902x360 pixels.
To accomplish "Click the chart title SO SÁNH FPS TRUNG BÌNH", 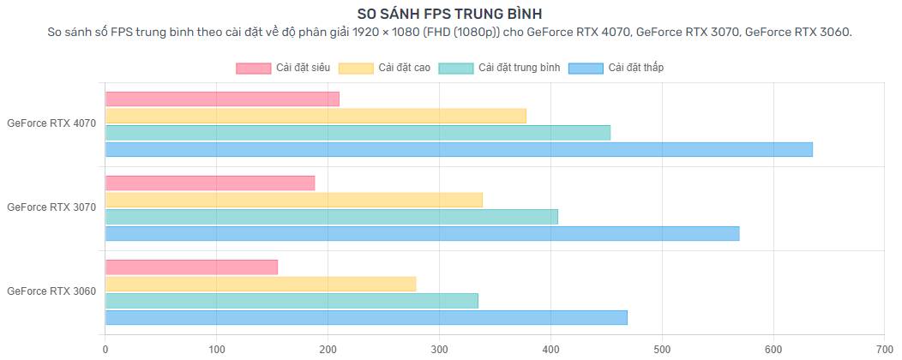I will click(450, 14).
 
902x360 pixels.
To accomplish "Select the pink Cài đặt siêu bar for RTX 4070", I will click(222, 99).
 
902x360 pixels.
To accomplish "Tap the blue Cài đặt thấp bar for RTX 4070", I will click(459, 149).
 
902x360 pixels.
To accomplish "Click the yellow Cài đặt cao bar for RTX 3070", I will click(294, 200).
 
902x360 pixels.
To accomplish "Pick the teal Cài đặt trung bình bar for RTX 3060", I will click(292, 301).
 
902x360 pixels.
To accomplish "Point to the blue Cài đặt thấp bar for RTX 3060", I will click(366, 317).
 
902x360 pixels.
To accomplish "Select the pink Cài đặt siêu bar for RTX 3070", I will click(210, 183).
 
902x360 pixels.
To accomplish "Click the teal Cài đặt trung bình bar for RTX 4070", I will click(358, 133).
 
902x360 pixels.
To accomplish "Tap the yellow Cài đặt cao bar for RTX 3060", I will click(261, 284).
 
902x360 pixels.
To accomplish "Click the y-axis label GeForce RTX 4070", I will click(51, 123).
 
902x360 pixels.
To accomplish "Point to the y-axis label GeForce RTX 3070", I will click(51, 207).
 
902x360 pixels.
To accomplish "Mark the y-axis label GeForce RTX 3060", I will click(51, 291).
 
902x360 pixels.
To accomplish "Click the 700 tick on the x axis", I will click(884, 349).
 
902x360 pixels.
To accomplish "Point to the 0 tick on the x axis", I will click(105, 349).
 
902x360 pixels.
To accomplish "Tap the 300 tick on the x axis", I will click(439, 349).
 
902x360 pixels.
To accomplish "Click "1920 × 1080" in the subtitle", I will click(381, 33).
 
